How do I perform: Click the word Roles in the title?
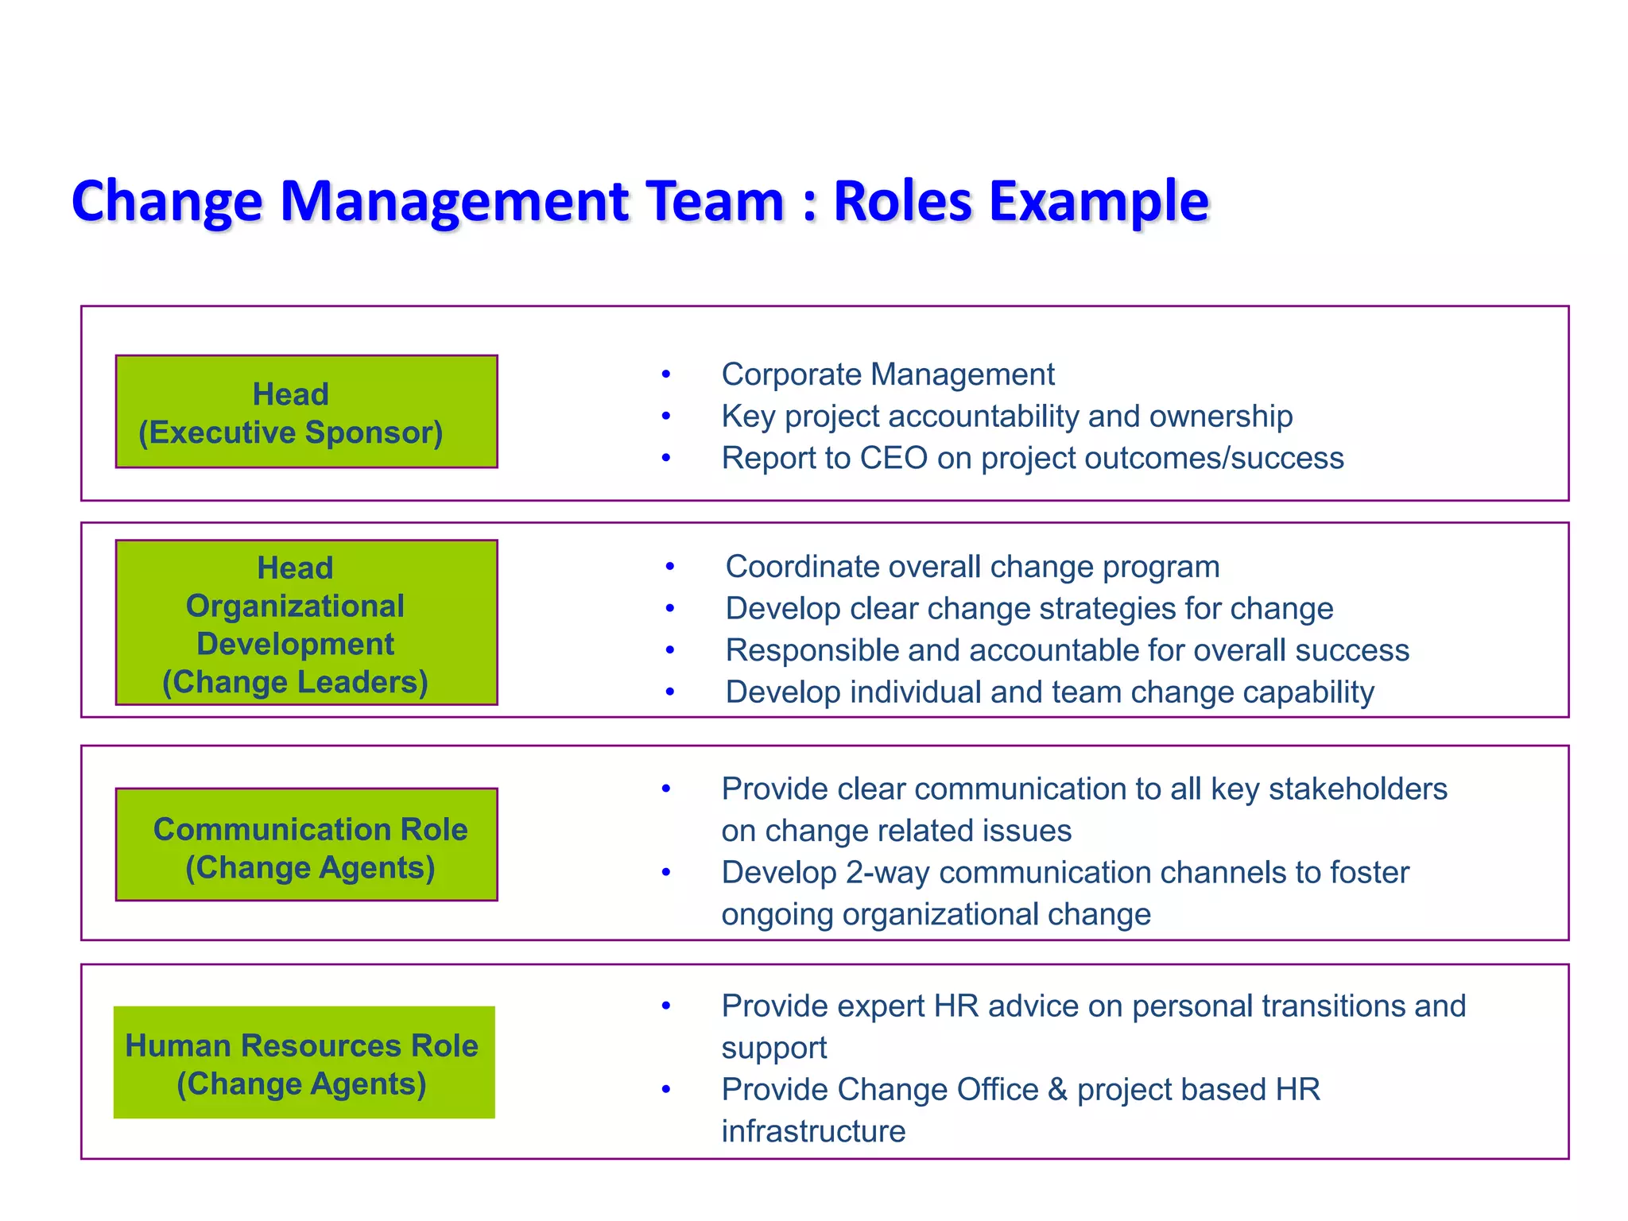tap(902, 200)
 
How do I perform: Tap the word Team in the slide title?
tap(715, 200)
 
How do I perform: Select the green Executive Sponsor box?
tap(306, 412)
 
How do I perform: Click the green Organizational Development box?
tap(306, 622)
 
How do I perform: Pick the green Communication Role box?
tap(306, 844)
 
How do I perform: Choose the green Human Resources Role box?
tap(304, 1063)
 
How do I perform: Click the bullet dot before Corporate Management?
tap(666, 374)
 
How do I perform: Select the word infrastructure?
tap(813, 1132)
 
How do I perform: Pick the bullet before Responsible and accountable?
tap(670, 650)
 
